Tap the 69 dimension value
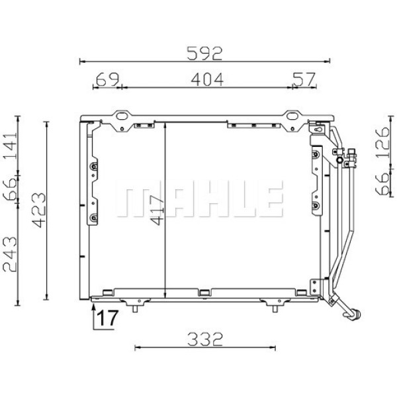(x=107, y=79)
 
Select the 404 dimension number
(x=207, y=79)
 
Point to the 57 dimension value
(x=303, y=79)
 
